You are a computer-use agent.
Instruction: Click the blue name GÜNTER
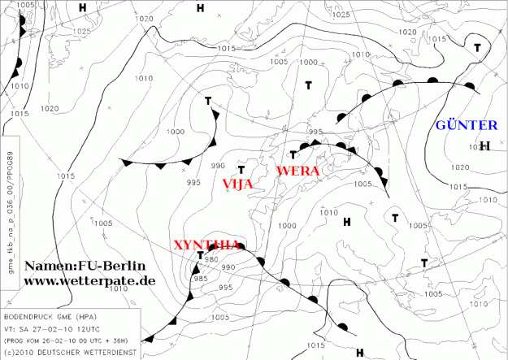(x=467, y=125)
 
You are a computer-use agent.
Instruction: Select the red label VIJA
(x=238, y=184)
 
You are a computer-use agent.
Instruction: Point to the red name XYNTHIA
(x=207, y=245)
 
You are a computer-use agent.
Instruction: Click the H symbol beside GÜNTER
(x=485, y=146)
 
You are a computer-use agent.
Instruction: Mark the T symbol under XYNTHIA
(x=201, y=256)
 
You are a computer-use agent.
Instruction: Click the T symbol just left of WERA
(x=293, y=154)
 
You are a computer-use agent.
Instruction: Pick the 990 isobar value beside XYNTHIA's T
(x=228, y=267)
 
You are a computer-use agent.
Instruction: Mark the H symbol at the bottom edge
(x=359, y=353)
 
